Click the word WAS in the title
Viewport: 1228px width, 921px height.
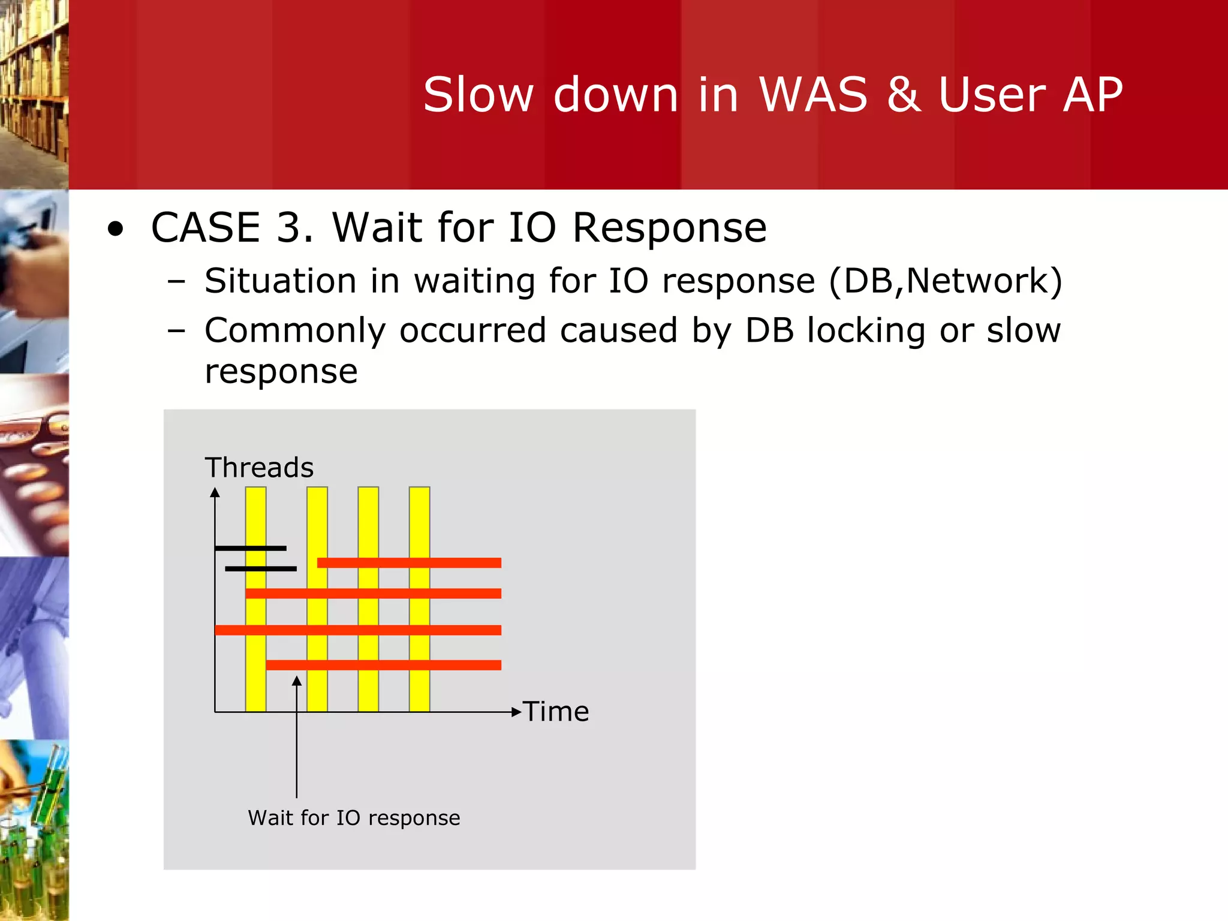coord(813,95)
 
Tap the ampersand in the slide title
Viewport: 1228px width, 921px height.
coord(904,95)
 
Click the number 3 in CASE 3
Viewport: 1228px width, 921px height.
coord(294,228)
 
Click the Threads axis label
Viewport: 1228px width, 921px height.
coord(259,468)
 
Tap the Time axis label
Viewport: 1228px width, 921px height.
coord(556,712)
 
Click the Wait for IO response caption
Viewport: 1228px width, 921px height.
coord(354,818)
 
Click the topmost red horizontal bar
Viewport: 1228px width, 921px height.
coord(409,562)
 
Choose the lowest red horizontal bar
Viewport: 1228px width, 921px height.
coord(384,665)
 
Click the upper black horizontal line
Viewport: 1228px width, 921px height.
coord(251,548)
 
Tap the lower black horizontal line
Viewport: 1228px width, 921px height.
coord(261,568)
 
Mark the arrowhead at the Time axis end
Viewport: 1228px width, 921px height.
coord(516,712)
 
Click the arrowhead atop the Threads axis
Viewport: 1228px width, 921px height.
coord(215,493)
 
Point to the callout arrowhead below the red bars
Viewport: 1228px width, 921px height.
coord(297,681)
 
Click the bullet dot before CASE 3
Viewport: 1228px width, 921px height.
coord(116,229)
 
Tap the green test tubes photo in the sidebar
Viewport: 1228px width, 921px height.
coord(34,830)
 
